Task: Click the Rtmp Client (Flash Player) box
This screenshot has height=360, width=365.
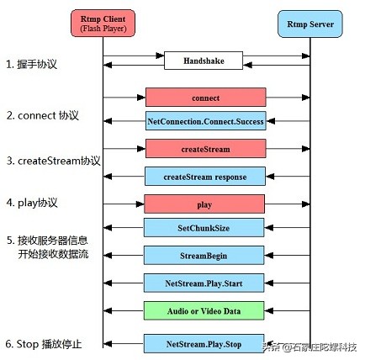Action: tap(103, 23)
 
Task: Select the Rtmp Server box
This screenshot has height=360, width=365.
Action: tap(312, 23)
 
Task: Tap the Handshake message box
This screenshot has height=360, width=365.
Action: tap(205, 61)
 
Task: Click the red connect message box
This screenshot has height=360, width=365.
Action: tap(205, 97)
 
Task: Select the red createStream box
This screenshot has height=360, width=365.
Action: tap(205, 149)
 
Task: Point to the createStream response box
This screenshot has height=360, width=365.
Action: tap(205, 176)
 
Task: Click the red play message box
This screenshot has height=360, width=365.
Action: tap(205, 204)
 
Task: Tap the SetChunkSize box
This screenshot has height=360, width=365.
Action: tap(205, 227)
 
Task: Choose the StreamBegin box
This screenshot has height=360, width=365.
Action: tap(205, 255)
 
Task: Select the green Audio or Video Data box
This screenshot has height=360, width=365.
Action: tap(205, 310)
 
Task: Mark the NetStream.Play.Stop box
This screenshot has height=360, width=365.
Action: tap(205, 343)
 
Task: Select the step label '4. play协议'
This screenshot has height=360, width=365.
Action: tap(34, 202)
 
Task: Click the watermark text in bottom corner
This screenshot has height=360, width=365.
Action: tap(313, 347)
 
